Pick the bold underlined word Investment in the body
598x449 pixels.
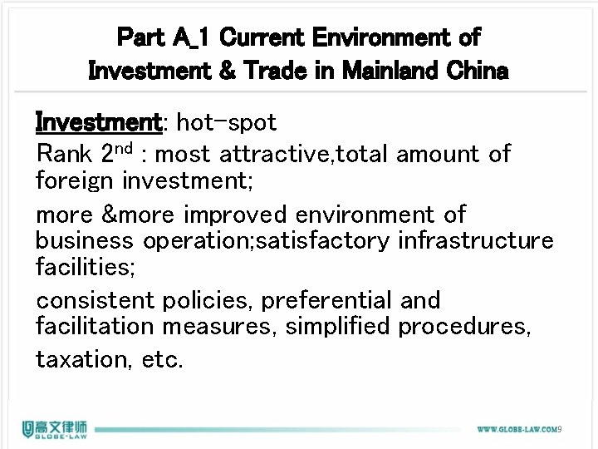pos(98,123)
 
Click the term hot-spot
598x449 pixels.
pos(227,123)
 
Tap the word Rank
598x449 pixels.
pos(74,154)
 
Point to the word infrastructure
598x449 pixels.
pos(476,240)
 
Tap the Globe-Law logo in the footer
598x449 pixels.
pos(56,428)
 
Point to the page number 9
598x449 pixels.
pos(561,429)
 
